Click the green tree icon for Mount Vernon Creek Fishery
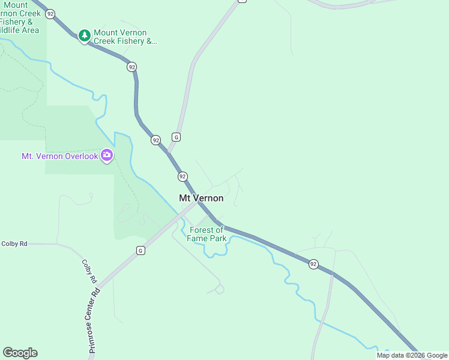(x=85, y=36)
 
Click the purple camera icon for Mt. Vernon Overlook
(x=107, y=155)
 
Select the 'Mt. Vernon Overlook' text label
(x=59, y=156)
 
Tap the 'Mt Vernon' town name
(x=201, y=198)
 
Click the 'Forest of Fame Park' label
(x=208, y=234)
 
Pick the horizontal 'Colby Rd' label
(x=14, y=244)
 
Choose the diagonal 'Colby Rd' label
(x=88, y=271)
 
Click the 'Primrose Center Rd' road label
(x=94, y=321)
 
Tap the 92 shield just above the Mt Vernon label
(x=182, y=176)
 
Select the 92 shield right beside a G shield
(x=156, y=140)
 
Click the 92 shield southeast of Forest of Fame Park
(x=313, y=264)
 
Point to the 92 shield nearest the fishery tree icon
(x=50, y=13)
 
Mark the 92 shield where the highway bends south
(x=131, y=67)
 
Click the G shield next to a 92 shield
(x=176, y=137)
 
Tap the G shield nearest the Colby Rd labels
(x=140, y=250)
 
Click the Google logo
(x=20, y=352)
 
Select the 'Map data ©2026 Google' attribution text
(x=412, y=355)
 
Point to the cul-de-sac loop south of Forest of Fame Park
(x=219, y=289)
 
